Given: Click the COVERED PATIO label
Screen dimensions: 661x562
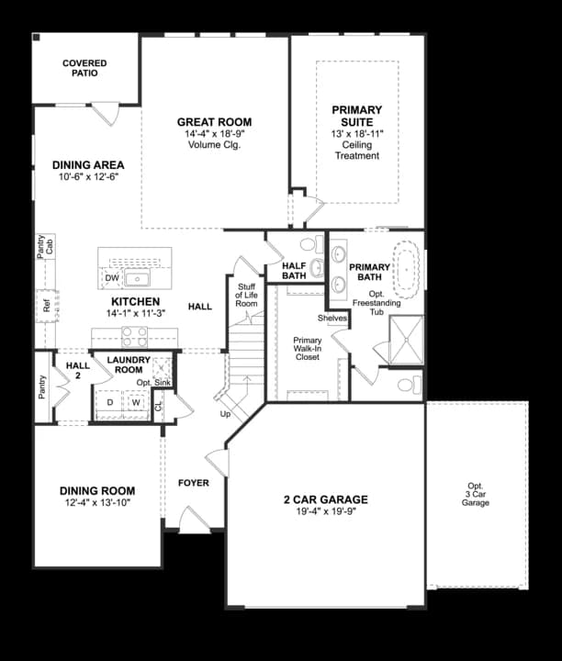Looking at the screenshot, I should pos(84,68).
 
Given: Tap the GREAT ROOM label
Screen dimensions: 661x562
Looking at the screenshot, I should pos(214,122).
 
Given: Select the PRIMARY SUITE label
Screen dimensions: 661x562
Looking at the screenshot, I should pos(357,116).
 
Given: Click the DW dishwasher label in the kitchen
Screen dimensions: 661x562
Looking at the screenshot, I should pos(112,278).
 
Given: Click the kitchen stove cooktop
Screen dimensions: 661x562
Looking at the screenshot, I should pos(135,336).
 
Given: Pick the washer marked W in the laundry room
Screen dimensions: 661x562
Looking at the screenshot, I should pos(135,402).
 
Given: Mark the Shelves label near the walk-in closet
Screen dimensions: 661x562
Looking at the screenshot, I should pos(332,318).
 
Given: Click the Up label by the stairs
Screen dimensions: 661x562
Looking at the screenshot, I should pos(226,414).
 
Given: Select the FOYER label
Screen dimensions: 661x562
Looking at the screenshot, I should pos(193,482).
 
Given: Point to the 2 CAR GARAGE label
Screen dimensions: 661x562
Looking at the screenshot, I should pos(325,500).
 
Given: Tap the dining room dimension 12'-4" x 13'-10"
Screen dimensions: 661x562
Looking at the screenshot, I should pos(97,503).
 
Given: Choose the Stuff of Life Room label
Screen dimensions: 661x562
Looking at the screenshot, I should pos(246,295).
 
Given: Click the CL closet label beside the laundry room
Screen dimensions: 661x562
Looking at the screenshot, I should pos(158,405).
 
